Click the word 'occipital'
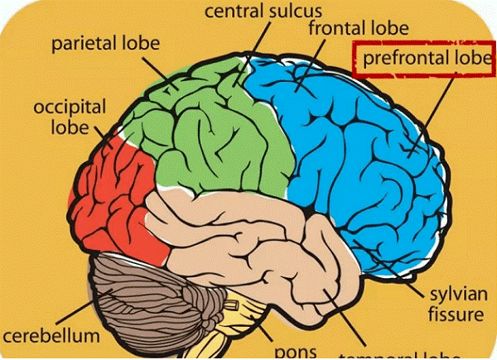(70, 108)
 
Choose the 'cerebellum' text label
(51, 337)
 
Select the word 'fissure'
(454, 314)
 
